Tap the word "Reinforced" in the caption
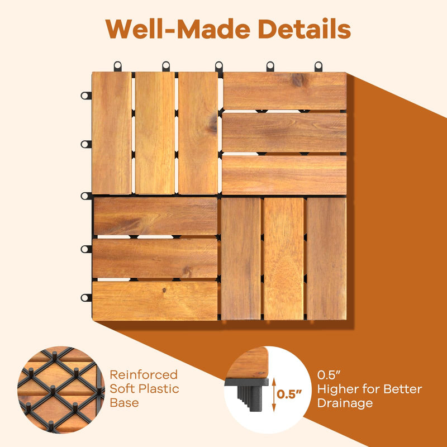(x=143, y=375)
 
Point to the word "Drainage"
(x=345, y=403)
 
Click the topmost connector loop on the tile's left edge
(x=85, y=96)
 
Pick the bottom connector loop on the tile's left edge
(x=85, y=299)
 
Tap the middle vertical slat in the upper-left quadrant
(x=155, y=133)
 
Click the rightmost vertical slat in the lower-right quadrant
(x=326, y=259)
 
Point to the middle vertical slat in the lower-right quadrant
(x=284, y=259)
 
